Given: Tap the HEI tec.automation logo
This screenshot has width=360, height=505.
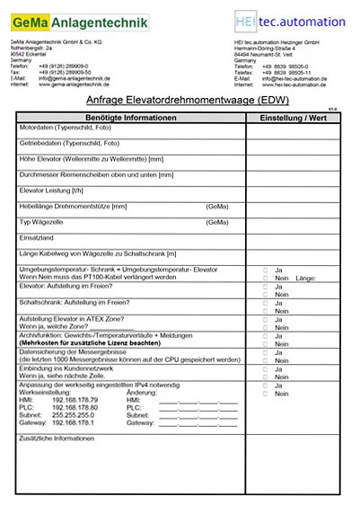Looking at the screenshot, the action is tap(286, 22).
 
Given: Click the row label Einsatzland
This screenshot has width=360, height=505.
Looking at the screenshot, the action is tap(37, 237).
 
